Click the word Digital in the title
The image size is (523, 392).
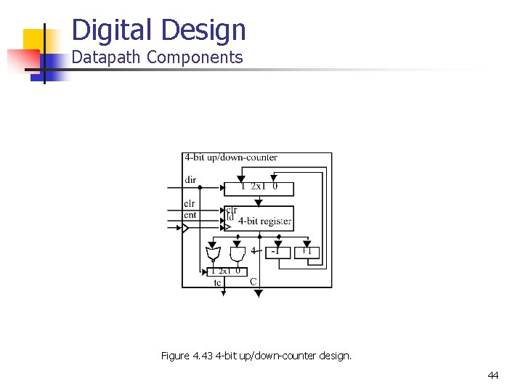coord(113,30)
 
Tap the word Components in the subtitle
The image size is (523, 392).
coord(195,57)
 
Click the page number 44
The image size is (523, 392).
coord(493,375)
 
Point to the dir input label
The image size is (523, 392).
coord(190,180)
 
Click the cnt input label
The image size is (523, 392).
coord(190,215)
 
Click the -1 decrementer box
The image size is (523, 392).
coord(279,251)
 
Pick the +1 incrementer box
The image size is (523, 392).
coord(307,251)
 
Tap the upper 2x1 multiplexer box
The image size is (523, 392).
coord(259,187)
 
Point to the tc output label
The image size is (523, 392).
coord(217,282)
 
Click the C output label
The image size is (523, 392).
coord(253,282)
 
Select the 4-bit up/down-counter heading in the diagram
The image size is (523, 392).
coord(231,158)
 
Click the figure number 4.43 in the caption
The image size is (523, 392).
coord(202,356)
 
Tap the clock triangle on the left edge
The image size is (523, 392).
coord(185,228)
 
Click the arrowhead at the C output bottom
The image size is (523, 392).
coord(258,293)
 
